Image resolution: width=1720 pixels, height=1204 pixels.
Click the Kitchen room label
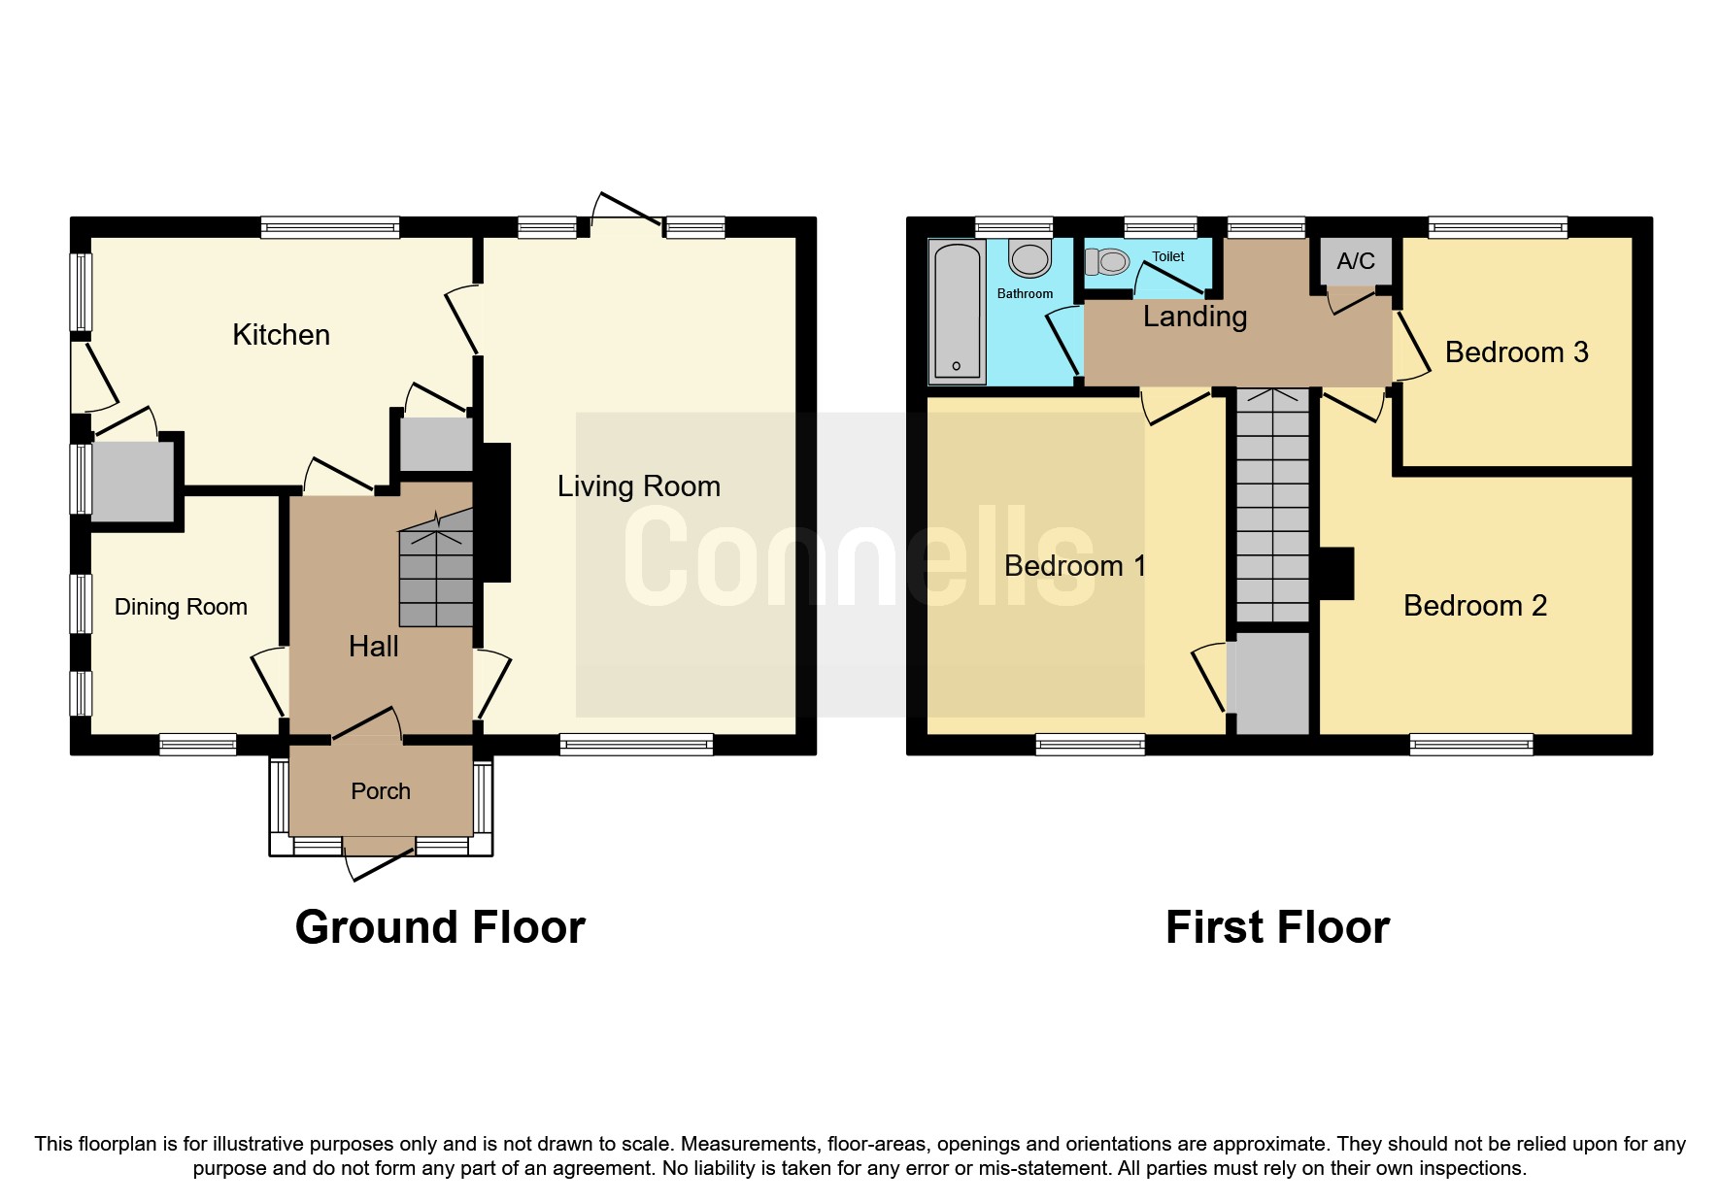[x=281, y=335]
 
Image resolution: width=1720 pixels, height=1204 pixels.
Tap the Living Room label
[x=638, y=486]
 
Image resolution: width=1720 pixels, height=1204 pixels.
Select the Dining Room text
[x=181, y=607]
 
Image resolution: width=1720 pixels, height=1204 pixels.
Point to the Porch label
[x=380, y=791]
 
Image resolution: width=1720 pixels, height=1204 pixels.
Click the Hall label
[x=373, y=647]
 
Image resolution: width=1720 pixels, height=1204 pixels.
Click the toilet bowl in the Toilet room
[x=1108, y=261]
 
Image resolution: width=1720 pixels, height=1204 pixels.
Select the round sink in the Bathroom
[x=1029, y=259]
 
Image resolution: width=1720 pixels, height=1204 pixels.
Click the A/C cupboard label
[x=1356, y=261]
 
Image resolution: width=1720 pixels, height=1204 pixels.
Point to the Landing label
[x=1195, y=317]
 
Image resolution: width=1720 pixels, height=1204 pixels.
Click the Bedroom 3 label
[x=1516, y=352]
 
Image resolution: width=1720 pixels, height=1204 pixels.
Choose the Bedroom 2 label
[x=1474, y=606]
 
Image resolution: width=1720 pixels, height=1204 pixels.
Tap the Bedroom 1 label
[x=1074, y=566]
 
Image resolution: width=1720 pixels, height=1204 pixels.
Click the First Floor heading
[x=1276, y=927]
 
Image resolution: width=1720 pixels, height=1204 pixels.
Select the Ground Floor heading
[x=440, y=927]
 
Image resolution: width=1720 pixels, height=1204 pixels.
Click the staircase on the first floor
[x=1272, y=505]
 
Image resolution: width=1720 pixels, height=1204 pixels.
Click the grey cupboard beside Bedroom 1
[x=1272, y=684]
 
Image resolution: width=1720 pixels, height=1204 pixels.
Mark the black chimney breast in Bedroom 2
[x=1336, y=573]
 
